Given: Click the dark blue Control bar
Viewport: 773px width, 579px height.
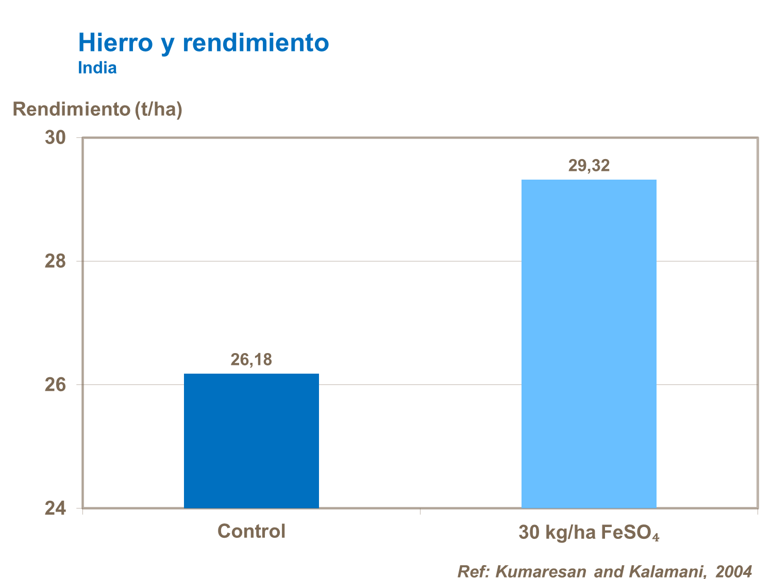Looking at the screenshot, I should click(251, 441).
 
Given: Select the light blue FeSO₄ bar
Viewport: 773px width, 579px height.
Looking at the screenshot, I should click(589, 344).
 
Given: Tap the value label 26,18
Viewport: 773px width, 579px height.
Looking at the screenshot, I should click(251, 359).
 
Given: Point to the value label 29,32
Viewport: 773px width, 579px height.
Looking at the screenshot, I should click(589, 165).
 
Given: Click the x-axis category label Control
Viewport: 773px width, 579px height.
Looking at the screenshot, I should click(251, 531).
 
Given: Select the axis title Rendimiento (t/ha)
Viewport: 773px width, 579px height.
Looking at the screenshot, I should click(97, 109).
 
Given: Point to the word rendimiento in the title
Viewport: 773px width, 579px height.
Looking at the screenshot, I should click(256, 43).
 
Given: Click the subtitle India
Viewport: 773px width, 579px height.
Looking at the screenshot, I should click(97, 68).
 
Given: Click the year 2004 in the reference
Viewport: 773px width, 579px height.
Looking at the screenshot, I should click(734, 571).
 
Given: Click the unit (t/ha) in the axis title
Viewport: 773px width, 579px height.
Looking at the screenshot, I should click(159, 109).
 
